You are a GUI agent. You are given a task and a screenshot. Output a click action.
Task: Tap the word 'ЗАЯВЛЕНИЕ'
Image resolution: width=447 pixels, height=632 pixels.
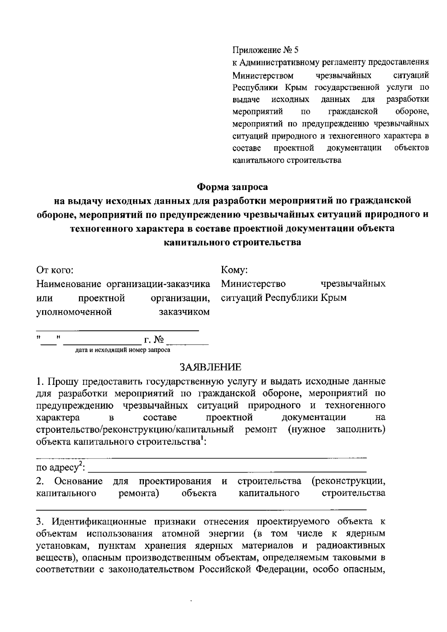211,368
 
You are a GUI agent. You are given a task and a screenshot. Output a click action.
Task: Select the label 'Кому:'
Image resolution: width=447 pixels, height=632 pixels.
234,270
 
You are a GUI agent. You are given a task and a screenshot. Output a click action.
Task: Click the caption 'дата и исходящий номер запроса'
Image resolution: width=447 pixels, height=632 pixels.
123,350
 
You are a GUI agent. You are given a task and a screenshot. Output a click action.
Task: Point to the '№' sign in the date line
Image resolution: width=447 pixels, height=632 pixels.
159,340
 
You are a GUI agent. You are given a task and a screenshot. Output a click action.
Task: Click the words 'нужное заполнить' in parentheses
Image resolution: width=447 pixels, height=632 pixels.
337,429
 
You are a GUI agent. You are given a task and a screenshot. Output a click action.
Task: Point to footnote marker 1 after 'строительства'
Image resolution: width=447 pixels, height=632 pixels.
202,439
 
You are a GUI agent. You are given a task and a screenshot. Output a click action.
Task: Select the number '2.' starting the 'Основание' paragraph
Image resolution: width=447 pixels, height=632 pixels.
41,481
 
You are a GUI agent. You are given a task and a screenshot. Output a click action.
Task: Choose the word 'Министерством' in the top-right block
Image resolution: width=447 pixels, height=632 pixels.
263,76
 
